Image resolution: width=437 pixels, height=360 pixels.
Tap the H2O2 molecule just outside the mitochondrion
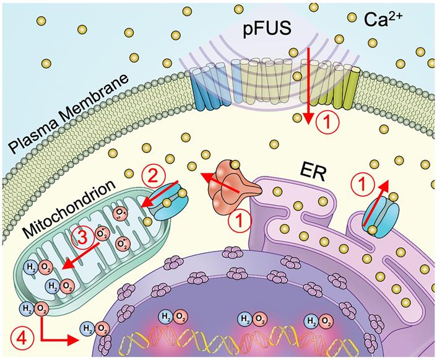click(35, 308)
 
